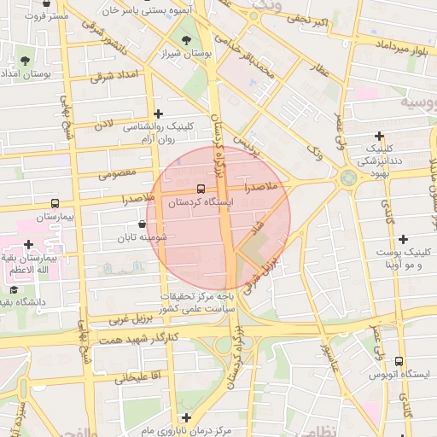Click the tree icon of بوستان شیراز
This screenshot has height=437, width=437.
coord(187,39)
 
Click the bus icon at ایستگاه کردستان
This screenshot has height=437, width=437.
coord(201,188)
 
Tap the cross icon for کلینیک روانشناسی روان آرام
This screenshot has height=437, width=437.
coord(157,113)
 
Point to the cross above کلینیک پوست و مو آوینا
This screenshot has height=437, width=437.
coord(403,239)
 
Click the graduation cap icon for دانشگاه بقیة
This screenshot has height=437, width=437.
coord(15,290)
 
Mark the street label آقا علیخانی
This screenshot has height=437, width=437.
coord(126,376)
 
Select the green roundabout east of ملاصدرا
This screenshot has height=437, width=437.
coord(349,178)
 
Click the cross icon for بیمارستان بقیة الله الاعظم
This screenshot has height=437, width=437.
coord(29,220)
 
